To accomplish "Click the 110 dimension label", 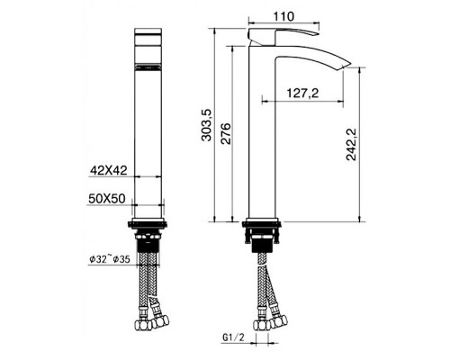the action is [x=283, y=16].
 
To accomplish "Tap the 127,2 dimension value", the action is [x=302, y=94].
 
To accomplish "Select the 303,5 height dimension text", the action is [x=207, y=125].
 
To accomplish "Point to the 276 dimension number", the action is [x=227, y=133].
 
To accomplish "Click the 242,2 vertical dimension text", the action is [x=351, y=145].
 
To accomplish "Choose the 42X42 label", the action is [x=109, y=170].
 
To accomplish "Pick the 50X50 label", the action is [x=107, y=198].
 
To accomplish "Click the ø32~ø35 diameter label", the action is [x=110, y=259].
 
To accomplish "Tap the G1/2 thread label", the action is [x=234, y=337].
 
